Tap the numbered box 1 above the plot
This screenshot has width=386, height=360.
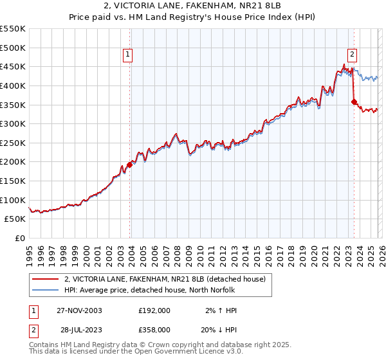click(129, 55)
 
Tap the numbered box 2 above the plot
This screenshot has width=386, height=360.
click(353, 55)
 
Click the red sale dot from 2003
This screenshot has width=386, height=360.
click(129, 165)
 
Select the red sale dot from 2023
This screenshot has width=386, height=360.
click(354, 101)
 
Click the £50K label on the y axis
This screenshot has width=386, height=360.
click(15, 219)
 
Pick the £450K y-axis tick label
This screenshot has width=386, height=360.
click(13, 66)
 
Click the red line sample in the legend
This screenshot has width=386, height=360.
click(45, 279)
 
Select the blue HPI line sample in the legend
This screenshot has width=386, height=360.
click(45, 291)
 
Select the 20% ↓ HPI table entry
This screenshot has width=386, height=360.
click(219, 328)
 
